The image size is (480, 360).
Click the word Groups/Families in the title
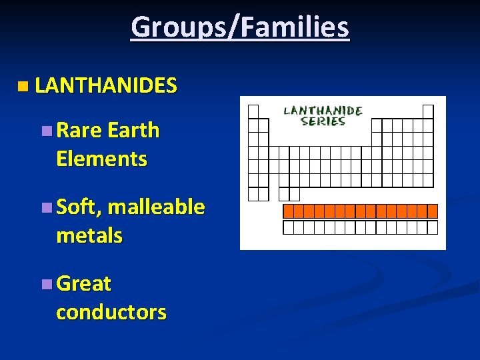coord(240,28)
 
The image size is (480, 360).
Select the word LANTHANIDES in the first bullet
coord(105,85)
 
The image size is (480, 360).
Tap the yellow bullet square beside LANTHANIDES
coord(24,86)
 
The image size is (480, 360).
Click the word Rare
coord(79,130)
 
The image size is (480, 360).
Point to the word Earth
coord(133,130)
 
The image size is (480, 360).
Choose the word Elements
coord(101,159)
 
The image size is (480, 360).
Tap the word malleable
coord(156,207)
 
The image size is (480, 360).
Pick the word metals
coord(89,235)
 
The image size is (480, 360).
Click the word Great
coord(84,284)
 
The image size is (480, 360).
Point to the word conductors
coord(111,312)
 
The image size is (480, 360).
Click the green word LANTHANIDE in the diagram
coord(323,111)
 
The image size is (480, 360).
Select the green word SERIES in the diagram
coord(323,121)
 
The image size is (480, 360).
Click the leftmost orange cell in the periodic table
coord(289,211)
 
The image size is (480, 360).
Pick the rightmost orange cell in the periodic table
coord(433,211)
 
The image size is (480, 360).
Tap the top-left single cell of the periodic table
coord(253,111)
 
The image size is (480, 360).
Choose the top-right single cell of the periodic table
coord(428,111)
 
